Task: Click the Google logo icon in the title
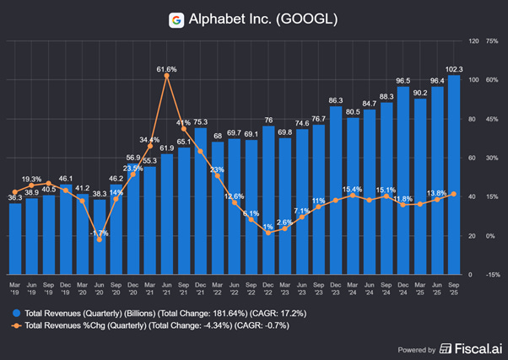tap(176, 19)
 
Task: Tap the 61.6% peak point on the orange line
tap(167, 76)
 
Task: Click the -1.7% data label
tap(100, 232)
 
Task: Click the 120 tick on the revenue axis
tap(474, 40)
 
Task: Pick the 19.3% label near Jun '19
tap(31, 179)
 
